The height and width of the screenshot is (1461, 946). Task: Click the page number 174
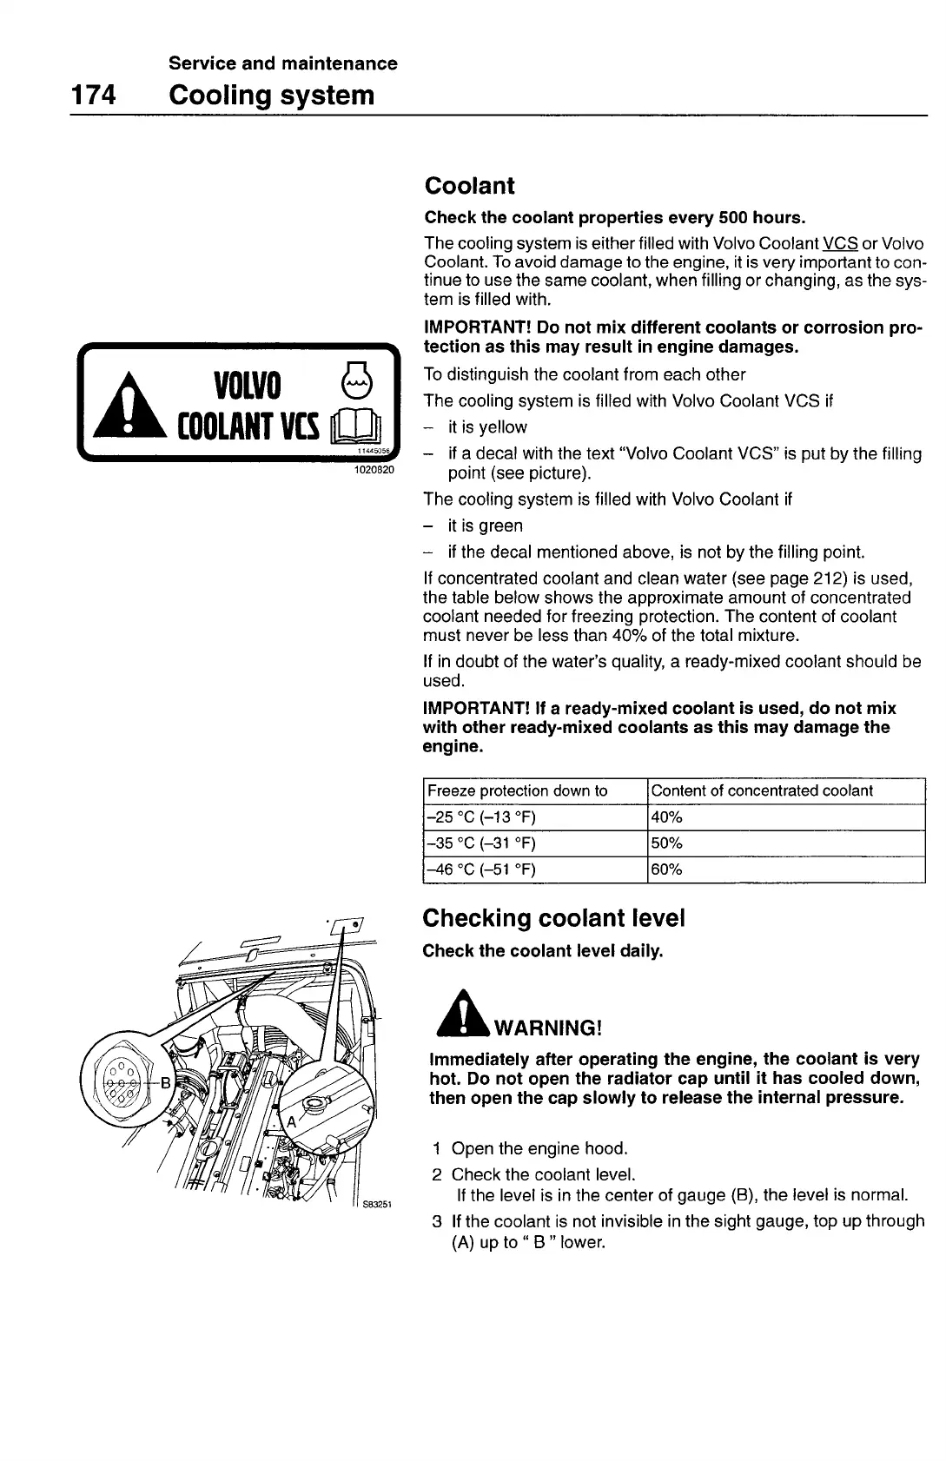(94, 95)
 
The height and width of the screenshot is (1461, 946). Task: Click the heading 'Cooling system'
(272, 95)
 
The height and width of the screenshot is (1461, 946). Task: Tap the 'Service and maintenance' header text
(283, 63)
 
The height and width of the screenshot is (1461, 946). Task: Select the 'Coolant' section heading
(469, 186)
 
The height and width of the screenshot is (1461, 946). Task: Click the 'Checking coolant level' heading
(553, 918)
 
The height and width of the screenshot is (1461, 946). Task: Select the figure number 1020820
(374, 470)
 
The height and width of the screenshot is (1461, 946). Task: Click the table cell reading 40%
(667, 817)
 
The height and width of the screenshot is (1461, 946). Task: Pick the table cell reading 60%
(667, 869)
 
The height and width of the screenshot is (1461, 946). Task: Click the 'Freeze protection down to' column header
(518, 790)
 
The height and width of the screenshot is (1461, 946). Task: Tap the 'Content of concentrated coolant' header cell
(762, 790)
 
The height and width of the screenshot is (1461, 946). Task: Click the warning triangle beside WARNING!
(467, 1014)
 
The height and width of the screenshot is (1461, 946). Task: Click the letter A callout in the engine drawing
(291, 1121)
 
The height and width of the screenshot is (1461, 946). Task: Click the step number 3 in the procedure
(437, 1221)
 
